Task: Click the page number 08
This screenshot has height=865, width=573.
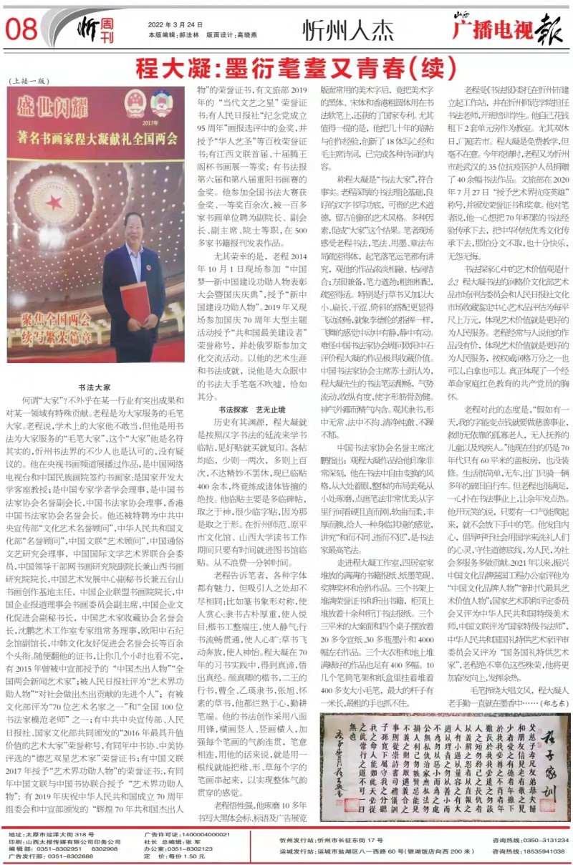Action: click(21, 29)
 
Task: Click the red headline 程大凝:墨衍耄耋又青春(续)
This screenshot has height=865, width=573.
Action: click(286, 68)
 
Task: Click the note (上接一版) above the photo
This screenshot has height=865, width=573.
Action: click(27, 81)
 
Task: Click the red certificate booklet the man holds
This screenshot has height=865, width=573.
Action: click(135, 301)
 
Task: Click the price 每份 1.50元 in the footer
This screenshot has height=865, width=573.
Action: click(170, 856)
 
